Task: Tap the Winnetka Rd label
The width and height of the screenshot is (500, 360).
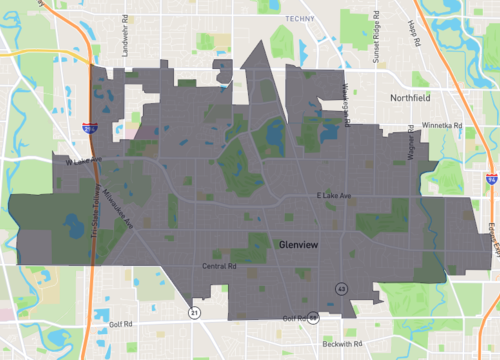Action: (440, 126)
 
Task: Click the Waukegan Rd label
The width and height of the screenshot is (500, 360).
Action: (348, 105)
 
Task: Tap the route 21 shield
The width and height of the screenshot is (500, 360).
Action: (193, 313)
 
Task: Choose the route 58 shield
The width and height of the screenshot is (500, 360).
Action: (313, 317)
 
